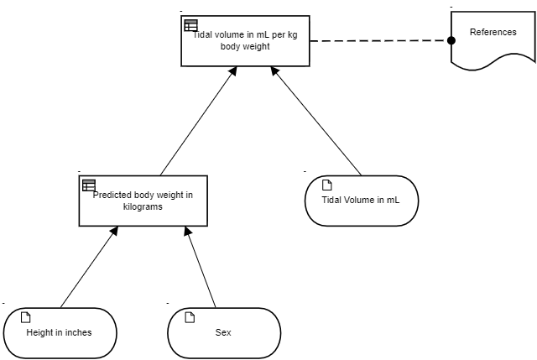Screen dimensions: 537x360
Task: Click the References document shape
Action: tap(493, 38)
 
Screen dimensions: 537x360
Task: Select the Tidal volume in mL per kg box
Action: tap(245, 41)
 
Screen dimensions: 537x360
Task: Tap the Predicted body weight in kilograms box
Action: tap(143, 201)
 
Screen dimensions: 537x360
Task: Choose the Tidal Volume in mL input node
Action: tap(362, 201)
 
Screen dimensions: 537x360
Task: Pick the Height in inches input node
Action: tap(60, 333)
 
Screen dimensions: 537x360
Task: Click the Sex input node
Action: tap(224, 333)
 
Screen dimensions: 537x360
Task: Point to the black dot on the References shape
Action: tap(451, 40)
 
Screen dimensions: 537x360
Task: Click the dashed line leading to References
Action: tap(380, 41)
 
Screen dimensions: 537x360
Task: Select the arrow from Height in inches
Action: tap(89, 267)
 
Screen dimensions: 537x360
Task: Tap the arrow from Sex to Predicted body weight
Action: tap(201, 267)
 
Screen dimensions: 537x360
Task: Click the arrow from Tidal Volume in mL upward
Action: tap(315, 121)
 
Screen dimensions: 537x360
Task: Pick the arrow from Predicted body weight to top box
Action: tap(199, 121)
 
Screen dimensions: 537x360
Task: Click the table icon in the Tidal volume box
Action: tap(190, 25)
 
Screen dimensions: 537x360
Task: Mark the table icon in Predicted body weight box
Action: tap(89, 185)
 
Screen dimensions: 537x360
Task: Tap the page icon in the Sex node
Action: tap(190, 317)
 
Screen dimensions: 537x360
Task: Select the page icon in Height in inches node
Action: tap(26, 317)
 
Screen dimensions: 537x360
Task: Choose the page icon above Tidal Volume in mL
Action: tap(327, 185)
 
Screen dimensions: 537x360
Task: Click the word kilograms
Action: tap(143, 207)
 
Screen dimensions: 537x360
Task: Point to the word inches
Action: tap(78, 332)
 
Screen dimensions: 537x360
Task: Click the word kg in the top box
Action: tap(293, 35)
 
